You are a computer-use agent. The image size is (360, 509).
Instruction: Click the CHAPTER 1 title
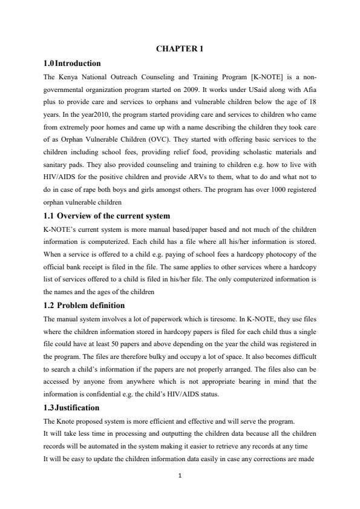(x=180, y=50)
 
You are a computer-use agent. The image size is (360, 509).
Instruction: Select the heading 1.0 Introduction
(x=72, y=63)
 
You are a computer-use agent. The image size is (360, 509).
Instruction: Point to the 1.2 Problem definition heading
(x=84, y=305)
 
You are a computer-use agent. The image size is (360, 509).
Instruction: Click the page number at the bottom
(x=180, y=492)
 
